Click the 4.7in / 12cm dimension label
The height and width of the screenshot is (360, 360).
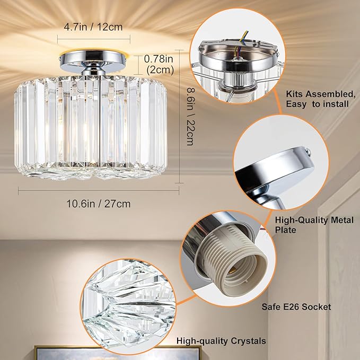pos(93,27)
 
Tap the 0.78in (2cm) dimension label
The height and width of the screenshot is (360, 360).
pos(159,65)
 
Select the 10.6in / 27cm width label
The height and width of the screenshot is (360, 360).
pos(99,204)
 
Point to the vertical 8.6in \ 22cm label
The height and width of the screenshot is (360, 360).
pos(190,117)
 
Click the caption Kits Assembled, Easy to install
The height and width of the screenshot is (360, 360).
pos(321,99)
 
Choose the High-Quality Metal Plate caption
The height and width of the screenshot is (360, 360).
pos(314,225)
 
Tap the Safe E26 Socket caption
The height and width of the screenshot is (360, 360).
pos(296,307)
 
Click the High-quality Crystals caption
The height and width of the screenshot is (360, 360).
pos(221,341)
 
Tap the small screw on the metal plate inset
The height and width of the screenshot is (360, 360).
pos(308,151)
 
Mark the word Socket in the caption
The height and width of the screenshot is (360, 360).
pos(317,307)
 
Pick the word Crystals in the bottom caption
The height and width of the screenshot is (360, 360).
pos(249,341)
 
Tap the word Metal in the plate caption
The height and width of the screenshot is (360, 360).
pos(342,220)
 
